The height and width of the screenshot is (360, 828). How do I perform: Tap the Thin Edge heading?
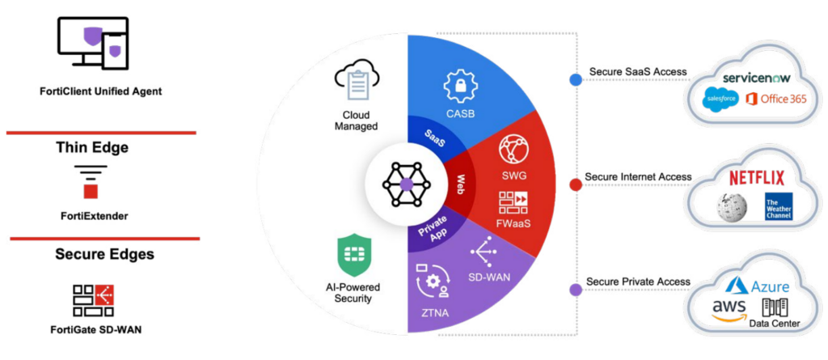[92, 147]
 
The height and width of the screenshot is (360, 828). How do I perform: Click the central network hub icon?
[407, 184]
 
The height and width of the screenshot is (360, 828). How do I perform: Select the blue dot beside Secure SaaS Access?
[576, 79]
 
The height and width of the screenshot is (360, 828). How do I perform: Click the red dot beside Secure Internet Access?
[576, 184]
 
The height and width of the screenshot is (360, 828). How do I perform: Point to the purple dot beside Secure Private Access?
[576, 289]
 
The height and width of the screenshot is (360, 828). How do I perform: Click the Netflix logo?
[758, 177]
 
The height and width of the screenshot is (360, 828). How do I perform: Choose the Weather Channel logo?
[779, 206]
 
